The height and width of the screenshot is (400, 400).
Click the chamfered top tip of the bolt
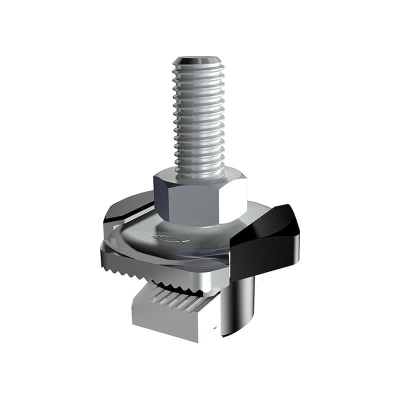tap(198, 60)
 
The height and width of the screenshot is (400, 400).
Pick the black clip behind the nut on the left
tap(127, 210)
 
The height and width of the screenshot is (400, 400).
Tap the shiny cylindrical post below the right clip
tap(237, 305)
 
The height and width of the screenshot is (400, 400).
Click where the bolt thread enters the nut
tap(199, 172)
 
